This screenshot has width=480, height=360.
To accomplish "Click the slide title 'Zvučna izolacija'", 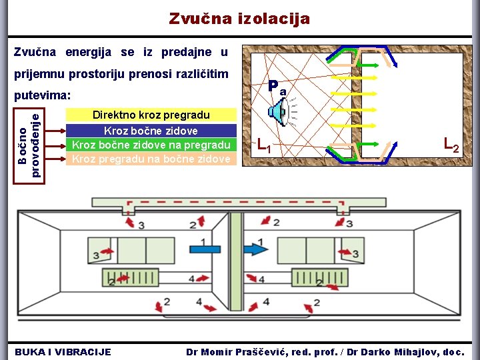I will click(x=239, y=19).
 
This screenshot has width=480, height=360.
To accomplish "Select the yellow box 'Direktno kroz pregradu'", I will click(x=151, y=115).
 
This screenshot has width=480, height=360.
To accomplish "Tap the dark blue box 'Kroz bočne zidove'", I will click(x=151, y=131).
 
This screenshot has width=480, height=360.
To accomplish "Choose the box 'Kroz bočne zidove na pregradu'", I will click(x=151, y=145).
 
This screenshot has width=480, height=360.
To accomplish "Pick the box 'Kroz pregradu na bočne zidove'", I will click(x=151, y=159).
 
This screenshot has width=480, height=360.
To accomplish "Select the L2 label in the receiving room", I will click(x=451, y=143).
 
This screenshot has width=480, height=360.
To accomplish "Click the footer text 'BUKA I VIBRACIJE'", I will click(x=63, y=351).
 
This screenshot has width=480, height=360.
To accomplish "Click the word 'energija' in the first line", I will click(x=89, y=52).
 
